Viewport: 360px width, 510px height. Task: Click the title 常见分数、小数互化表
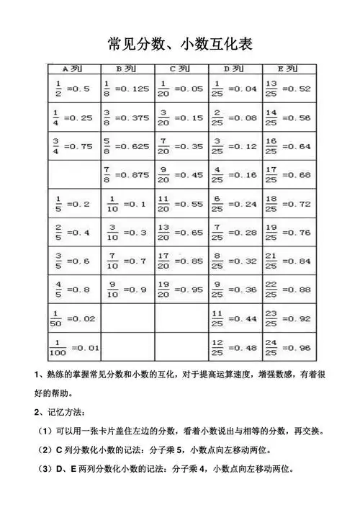179,44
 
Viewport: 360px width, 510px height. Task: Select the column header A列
73,68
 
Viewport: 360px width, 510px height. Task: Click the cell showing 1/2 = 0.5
72,89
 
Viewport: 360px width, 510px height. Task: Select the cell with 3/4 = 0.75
72,146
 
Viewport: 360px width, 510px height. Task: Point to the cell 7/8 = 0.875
127,174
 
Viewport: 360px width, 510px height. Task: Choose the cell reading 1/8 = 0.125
127,89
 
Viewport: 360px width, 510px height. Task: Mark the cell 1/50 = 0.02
72,318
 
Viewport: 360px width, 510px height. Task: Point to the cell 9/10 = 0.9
127,290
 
